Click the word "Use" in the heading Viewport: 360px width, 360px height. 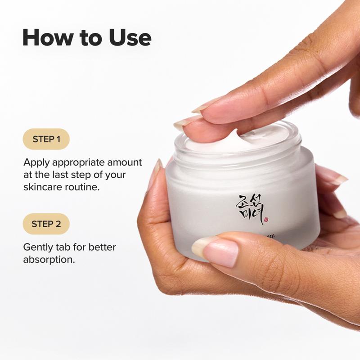click(130, 37)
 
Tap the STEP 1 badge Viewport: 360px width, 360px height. click(46, 139)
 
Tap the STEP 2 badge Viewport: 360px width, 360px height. click(46, 224)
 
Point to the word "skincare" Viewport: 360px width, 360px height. click(42, 186)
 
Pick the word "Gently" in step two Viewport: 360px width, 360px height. click(38, 247)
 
